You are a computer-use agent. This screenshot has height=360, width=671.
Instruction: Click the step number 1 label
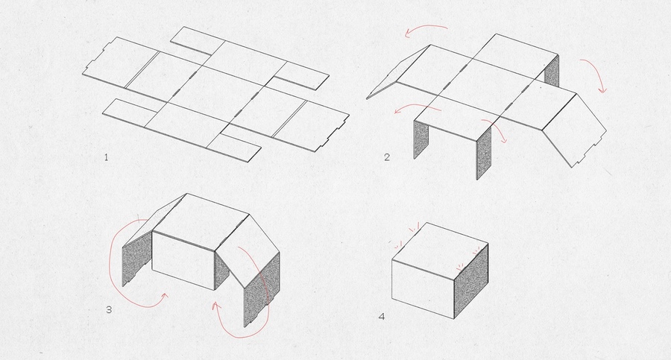point(106,157)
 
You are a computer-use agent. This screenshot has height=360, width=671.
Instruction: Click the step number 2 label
point(387,157)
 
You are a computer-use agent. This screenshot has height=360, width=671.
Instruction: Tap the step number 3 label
point(109,309)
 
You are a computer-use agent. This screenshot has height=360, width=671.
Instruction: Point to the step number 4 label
point(381,317)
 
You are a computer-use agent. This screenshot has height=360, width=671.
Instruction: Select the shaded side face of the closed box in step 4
point(470,281)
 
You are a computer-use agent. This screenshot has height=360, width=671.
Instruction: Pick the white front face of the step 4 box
point(423,289)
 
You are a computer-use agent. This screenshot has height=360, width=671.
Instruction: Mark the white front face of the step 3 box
point(183,261)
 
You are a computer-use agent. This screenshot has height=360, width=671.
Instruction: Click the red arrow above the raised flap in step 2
point(426,30)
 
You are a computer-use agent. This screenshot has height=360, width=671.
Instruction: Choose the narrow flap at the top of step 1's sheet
point(192,41)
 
